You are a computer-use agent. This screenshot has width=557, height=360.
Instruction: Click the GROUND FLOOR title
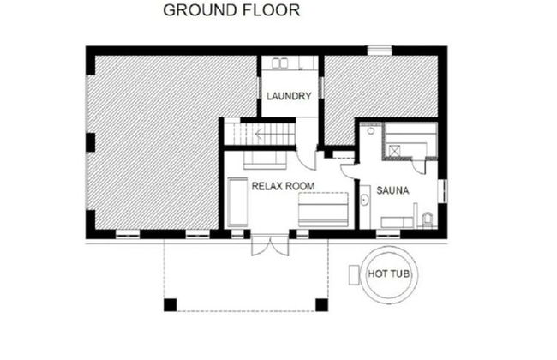click(x=231, y=10)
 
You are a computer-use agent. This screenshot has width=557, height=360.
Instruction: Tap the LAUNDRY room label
click(x=289, y=96)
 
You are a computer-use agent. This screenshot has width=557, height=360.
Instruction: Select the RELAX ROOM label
click(x=283, y=186)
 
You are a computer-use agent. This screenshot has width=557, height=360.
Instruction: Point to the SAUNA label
click(x=392, y=190)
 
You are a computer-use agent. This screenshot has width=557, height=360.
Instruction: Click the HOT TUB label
click(x=389, y=273)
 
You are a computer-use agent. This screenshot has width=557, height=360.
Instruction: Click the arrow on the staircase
click(x=260, y=135)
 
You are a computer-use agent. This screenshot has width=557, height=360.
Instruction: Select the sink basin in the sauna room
click(x=364, y=200)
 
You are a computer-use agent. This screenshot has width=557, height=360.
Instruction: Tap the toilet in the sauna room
click(x=428, y=219)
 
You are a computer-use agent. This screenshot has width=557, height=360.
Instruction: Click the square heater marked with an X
click(x=394, y=151)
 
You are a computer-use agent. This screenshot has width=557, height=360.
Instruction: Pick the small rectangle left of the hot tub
click(x=354, y=274)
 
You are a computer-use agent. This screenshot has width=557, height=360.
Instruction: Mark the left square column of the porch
click(x=170, y=305)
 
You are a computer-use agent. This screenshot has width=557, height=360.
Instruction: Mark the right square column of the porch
click(x=322, y=305)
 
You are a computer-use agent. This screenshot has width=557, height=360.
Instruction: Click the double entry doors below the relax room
click(x=270, y=245)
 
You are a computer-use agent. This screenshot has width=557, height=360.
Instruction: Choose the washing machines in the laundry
click(x=280, y=63)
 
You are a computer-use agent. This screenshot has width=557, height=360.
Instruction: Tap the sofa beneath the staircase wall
click(x=265, y=160)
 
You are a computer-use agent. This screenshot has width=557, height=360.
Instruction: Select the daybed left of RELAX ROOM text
click(x=237, y=201)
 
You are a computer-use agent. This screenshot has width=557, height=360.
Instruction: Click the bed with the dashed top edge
click(x=323, y=209)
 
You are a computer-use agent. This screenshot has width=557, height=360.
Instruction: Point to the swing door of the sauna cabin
click(x=419, y=166)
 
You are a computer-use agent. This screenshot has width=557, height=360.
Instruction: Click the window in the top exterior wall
click(x=380, y=50)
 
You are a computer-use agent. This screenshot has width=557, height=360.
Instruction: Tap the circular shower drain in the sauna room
click(x=371, y=131)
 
